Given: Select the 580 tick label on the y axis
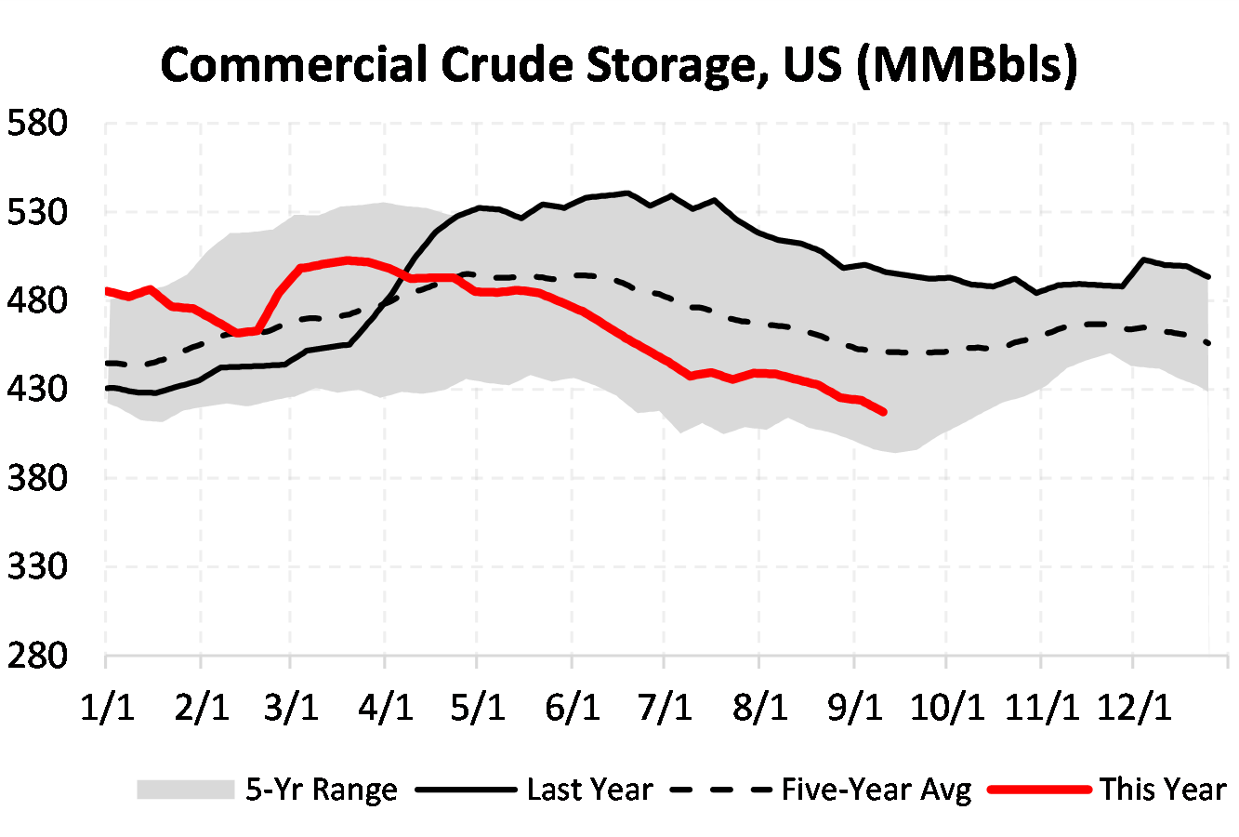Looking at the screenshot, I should (x=38, y=123).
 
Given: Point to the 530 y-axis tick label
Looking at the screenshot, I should (x=38, y=212).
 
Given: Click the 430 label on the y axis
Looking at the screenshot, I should (x=38, y=389).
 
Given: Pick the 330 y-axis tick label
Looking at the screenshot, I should (x=38, y=566).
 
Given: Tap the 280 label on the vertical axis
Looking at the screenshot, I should (x=38, y=656).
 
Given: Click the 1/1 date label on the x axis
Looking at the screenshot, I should (x=107, y=708).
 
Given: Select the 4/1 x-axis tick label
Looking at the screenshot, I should (x=386, y=708).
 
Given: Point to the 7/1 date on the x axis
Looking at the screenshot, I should (x=666, y=708).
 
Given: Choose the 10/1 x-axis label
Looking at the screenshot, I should (x=945, y=708).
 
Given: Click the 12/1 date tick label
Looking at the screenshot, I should (x=1134, y=708).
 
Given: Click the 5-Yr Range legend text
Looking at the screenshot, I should (x=322, y=790).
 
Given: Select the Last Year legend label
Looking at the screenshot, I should (x=590, y=790).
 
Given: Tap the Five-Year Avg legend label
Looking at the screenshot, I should (x=877, y=790).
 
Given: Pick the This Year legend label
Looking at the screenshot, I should (x=1163, y=790).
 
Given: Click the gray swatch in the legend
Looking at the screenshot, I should (x=185, y=790).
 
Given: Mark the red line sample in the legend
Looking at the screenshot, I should (x=1039, y=790).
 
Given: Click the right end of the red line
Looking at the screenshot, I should (x=883, y=412).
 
